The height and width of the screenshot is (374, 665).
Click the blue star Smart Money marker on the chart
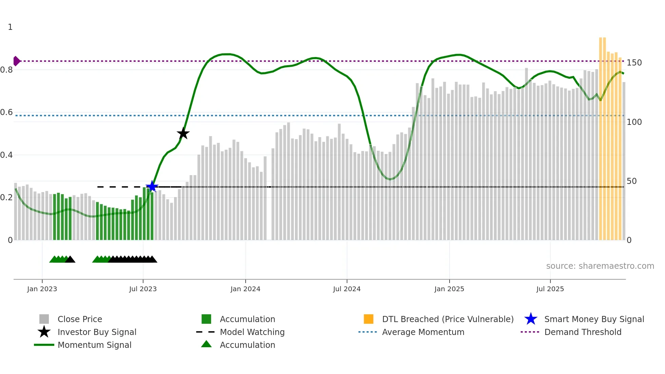tap(152, 186)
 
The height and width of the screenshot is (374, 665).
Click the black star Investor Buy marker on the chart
tap(183, 133)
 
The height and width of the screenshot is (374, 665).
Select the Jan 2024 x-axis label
tap(245, 289)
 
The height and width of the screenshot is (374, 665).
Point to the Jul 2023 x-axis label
tap(143, 289)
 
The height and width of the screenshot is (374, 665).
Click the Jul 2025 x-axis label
tap(550, 289)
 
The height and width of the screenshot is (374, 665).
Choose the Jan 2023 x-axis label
tap(42, 289)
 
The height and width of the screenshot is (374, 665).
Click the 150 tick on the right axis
tap(634, 63)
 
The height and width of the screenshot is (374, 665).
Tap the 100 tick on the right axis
tap(634, 122)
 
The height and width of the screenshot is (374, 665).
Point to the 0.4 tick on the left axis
tap(6, 155)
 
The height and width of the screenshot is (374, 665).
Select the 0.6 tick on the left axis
tap(6, 112)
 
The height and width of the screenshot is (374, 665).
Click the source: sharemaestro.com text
tap(600, 266)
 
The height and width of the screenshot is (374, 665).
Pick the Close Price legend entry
tap(80, 319)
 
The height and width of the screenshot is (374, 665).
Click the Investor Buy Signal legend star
tap(44, 332)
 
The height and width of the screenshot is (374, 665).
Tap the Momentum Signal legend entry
tap(94, 345)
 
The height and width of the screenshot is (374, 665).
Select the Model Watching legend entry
tap(252, 332)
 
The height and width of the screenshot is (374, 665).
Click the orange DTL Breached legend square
tap(368, 319)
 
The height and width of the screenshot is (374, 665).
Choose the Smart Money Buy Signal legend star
tap(531, 319)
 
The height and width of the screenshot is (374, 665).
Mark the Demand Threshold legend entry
tap(583, 332)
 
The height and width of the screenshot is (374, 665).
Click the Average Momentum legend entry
tap(423, 332)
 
